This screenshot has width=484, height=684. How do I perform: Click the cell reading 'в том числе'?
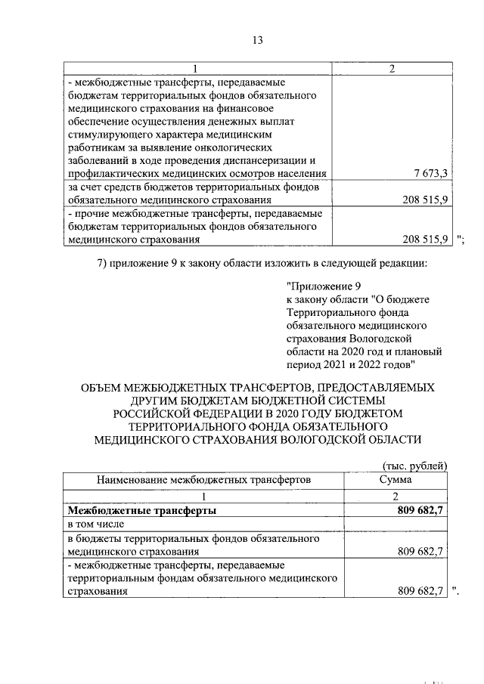point(95,524)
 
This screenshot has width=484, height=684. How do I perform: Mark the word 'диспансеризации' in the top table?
point(265,160)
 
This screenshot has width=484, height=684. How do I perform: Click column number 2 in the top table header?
point(392,69)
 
